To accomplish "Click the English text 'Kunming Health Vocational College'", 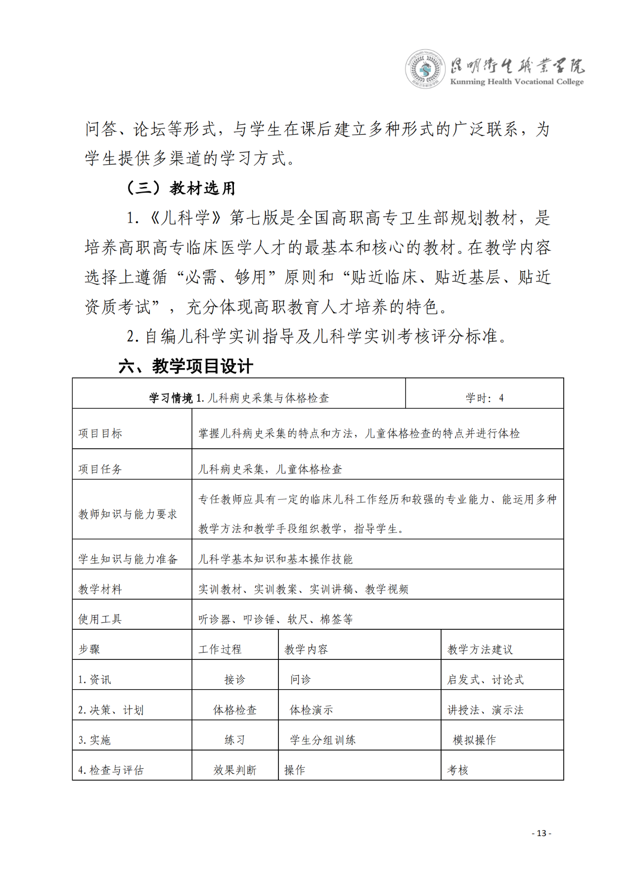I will (x=517, y=82).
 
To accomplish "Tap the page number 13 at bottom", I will (x=541, y=833).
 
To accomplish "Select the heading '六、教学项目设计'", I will (x=186, y=366).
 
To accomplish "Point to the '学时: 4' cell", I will (x=484, y=398).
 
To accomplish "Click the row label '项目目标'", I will (x=100, y=433).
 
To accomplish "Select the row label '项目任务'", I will (x=100, y=469).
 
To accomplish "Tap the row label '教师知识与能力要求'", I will (x=128, y=514).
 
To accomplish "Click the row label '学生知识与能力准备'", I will (x=128, y=559).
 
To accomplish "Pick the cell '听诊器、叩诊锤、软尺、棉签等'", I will (x=275, y=619).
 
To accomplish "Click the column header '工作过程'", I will (x=220, y=649).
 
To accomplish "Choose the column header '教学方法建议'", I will (x=480, y=649).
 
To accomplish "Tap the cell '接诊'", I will (x=235, y=679).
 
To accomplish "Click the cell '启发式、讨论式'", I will (x=485, y=679).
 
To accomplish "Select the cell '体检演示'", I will (x=311, y=710).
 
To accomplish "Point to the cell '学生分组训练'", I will (x=322, y=740).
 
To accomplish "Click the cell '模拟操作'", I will (x=474, y=740).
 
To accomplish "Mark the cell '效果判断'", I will (x=235, y=770).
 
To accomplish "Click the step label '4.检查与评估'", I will (x=111, y=770).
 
